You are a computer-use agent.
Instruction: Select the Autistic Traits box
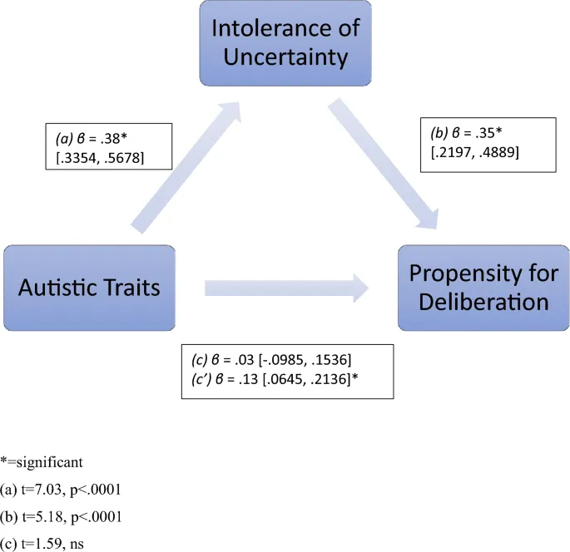point(89,288)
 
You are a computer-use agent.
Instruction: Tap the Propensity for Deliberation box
point(484,288)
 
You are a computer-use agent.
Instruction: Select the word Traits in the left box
point(134,288)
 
